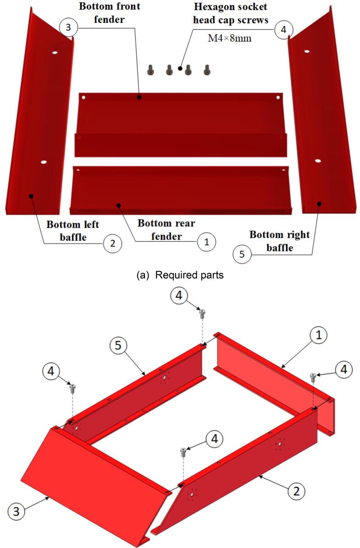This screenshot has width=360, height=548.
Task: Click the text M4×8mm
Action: coord(230,38)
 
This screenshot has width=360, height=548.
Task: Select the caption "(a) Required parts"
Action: coord(180,275)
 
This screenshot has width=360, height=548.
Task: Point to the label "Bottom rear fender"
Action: coord(167,230)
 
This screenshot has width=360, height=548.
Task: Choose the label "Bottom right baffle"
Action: coord(279,241)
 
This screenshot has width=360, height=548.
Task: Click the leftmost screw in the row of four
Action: coord(150,70)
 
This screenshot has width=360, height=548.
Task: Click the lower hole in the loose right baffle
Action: coord(317,161)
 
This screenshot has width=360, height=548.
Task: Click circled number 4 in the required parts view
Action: coord(283,30)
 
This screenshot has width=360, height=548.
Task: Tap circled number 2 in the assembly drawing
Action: coord(296,492)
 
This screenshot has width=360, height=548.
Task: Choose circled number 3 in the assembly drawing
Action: coord(16,512)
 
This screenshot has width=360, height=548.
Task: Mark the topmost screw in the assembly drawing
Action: coord(202,313)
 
